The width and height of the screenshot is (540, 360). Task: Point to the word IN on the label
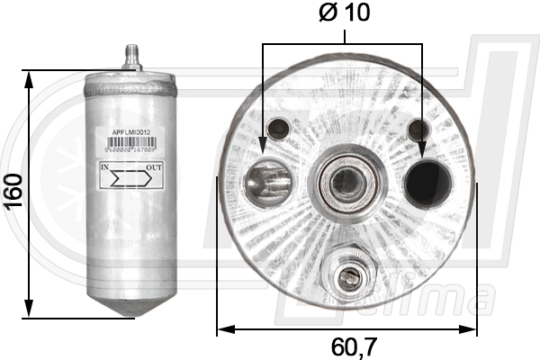[x=104, y=167]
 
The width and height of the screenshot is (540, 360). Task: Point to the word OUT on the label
[x=154, y=167]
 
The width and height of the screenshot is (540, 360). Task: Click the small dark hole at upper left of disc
[x=279, y=127]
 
